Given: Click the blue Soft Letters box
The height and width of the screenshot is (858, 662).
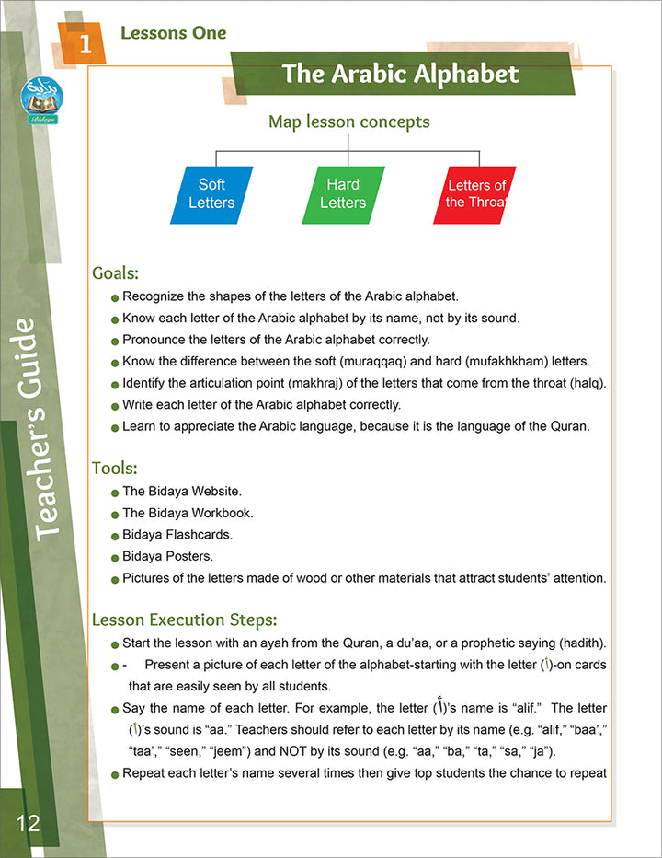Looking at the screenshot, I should coord(211,194).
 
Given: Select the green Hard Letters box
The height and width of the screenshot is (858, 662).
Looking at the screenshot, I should coord(343,194).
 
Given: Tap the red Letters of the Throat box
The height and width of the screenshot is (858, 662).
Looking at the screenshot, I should coord(475,194).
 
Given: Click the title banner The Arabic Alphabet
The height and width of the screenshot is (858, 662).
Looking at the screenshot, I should coord(400,74).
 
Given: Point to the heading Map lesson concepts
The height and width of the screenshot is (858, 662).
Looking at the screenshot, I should coord(348,122).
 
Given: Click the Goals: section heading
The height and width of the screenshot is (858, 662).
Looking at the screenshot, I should coord(116,272).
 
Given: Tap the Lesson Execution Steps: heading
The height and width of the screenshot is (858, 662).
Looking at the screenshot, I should coord(185,620).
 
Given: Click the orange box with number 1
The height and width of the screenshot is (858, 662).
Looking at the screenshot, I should coord(85,43).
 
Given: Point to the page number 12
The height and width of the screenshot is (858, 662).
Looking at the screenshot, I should coord(28,822).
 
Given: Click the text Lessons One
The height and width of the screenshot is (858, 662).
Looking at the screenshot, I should coord(174,34).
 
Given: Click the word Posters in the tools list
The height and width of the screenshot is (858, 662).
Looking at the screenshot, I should coord(191,556).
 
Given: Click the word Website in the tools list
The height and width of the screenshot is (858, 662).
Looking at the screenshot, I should coord(211,491).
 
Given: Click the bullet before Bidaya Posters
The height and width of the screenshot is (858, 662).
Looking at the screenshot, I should coord(115,557).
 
